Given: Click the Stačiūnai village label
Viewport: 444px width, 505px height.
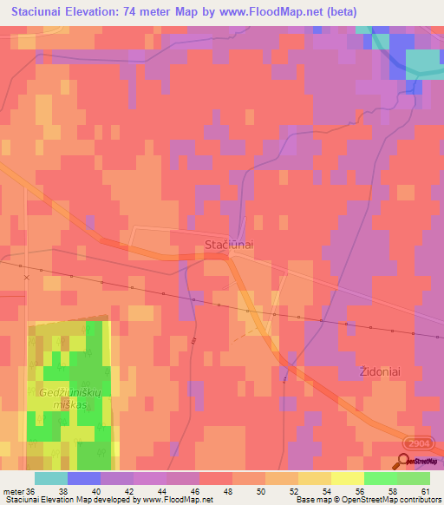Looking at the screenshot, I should coord(229,246).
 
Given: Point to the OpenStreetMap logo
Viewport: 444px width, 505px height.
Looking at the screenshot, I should coord(419,462).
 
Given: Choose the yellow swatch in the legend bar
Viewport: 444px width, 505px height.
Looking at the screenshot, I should coord(347,478).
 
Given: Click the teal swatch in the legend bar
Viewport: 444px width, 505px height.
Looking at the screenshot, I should coord(51,478).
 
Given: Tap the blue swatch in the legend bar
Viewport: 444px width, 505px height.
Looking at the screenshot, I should coord(84,478).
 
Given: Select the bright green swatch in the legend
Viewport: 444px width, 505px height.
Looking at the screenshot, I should coord(380,478).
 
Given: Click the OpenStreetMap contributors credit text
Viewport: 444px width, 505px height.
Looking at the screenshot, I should coord(393,500).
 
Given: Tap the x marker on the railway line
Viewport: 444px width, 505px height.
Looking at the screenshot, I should coord(26,277).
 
